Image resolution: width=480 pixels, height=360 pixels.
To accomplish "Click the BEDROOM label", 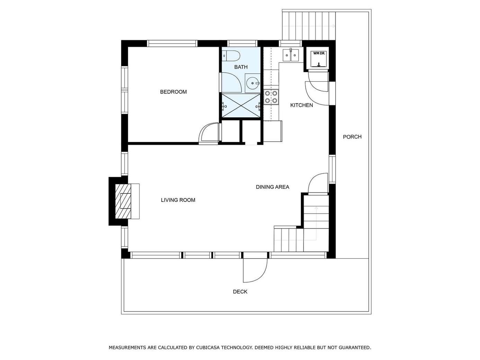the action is [174, 92].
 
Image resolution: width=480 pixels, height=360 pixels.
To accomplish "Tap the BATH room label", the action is [241, 67].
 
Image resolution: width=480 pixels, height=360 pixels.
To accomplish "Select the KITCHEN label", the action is [302, 105].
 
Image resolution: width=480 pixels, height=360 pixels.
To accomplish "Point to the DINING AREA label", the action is [273, 187].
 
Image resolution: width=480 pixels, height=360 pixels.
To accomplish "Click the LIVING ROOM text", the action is [178, 200].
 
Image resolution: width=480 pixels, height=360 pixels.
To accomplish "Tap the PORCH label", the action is [352, 137].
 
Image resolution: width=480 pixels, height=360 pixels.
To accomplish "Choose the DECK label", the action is [240, 291].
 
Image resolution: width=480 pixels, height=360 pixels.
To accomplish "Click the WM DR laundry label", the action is [319, 53].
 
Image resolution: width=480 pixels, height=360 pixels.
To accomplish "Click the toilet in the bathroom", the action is [231, 56].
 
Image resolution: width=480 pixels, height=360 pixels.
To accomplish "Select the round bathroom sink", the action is [252, 83].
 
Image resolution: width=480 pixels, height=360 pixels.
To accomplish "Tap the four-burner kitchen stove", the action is [271, 97].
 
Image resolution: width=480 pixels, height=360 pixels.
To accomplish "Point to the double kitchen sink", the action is [291, 55].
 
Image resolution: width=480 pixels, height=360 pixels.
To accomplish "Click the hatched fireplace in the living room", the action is [123, 201].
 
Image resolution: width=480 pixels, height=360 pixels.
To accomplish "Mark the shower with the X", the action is [241, 106].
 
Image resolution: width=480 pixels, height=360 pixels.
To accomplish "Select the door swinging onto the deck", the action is [255, 270].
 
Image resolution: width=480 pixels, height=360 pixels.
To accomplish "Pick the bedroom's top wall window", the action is [172, 44].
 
